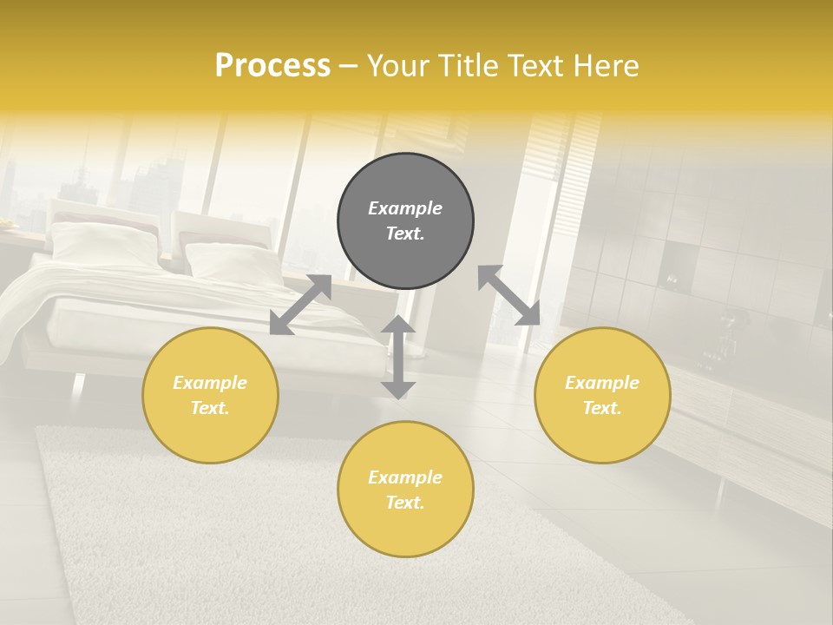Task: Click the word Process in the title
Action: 272,66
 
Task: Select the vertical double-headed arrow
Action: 398,357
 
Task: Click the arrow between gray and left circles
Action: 300,305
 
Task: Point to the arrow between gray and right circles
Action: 509,295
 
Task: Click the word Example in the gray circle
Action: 405,208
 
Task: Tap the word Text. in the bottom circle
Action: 405,503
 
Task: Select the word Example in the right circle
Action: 602,383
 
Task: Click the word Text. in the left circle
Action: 210,408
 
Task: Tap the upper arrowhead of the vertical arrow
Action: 398,325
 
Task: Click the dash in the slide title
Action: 349,66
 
